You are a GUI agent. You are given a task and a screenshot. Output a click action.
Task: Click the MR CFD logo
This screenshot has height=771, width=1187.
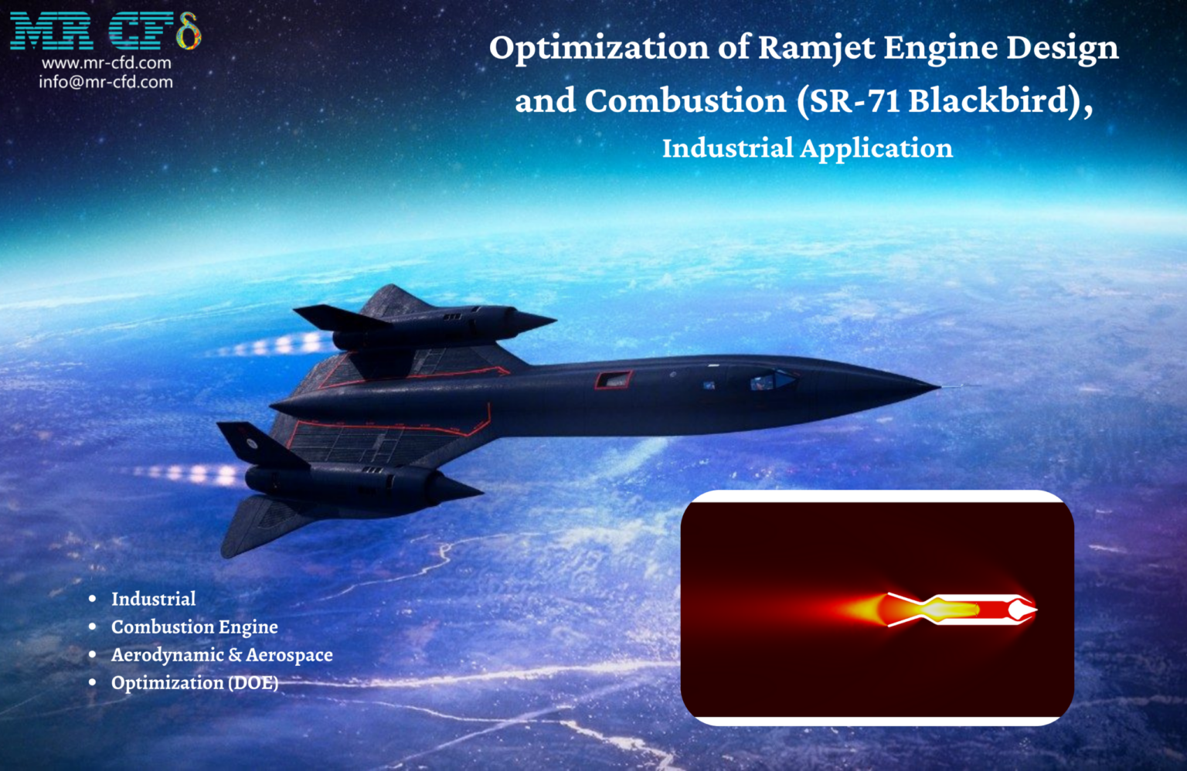pos(105,31)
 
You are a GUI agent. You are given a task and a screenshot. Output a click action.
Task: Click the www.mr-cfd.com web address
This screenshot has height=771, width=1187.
pos(106,63)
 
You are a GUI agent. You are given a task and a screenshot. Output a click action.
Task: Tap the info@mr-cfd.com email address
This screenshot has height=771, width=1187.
pos(106,82)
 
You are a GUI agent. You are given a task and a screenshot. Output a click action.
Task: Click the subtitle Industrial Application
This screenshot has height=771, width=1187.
pos(807,148)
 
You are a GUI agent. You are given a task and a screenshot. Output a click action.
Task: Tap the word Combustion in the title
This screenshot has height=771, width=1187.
pos(685,101)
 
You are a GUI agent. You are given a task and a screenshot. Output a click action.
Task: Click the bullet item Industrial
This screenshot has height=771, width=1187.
pos(153,599)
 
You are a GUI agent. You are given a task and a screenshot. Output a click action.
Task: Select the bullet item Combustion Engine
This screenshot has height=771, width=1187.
pos(194,627)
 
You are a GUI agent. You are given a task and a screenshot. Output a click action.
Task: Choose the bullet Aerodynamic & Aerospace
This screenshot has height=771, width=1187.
pos(222,654)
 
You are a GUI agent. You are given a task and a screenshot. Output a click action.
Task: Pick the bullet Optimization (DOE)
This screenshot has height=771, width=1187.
pos(195,683)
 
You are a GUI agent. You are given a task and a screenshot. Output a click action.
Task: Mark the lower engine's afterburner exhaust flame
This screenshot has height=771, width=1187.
pos(193,473)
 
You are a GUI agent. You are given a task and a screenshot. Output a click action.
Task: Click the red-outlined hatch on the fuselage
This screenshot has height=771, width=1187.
pos(613,379)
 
